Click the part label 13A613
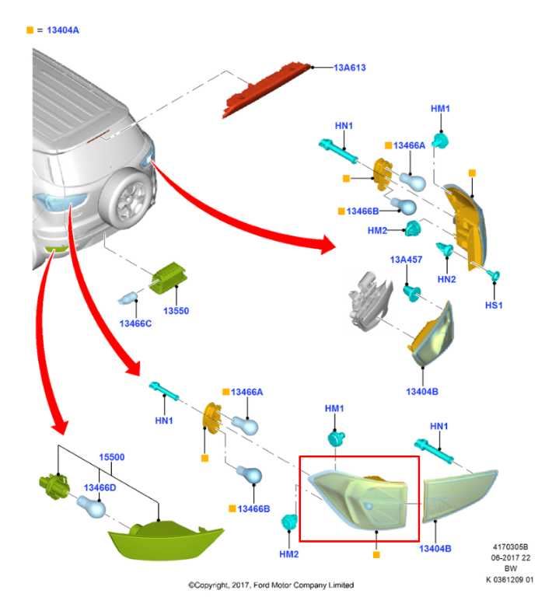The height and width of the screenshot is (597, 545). point(350,68)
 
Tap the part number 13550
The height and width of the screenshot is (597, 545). point(176,311)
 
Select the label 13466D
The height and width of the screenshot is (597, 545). point(100,487)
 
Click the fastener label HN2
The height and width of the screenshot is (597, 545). point(446,278)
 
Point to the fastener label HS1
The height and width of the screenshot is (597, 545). point(494,305)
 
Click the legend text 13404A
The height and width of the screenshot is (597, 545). point(64,30)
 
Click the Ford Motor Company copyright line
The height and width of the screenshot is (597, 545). point(271,585)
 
